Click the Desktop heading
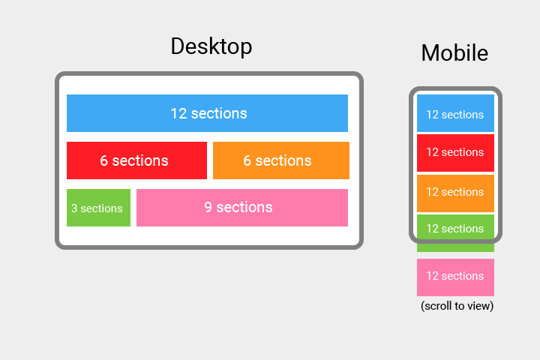click(x=211, y=46)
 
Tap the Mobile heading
click(x=454, y=53)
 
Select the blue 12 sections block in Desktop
click(x=207, y=113)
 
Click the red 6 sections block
click(x=136, y=160)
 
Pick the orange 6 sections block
click(x=281, y=160)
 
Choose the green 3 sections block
click(x=98, y=208)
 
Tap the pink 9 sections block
click(x=242, y=208)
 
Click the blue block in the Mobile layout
click(x=455, y=113)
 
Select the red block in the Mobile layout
click(x=455, y=153)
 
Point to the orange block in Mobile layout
click(x=455, y=193)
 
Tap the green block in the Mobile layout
click(x=455, y=233)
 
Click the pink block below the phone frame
click(x=455, y=277)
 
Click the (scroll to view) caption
click(x=457, y=305)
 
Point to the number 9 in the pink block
click(x=208, y=208)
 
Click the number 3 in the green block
click(x=74, y=208)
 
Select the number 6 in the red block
click(x=103, y=161)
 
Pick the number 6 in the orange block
click(x=247, y=161)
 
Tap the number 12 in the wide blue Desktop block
click(x=178, y=114)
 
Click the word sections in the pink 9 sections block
click(x=244, y=208)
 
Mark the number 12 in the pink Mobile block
click(x=432, y=276)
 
